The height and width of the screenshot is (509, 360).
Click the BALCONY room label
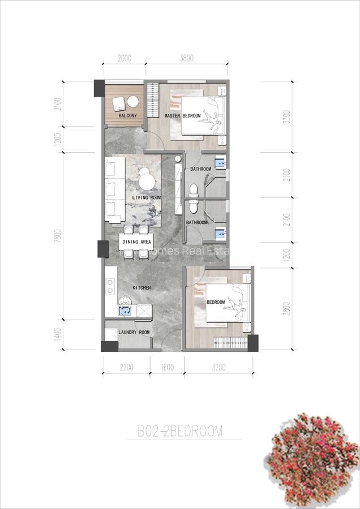coord(127,116)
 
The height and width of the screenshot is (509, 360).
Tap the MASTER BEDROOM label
coord(182,116)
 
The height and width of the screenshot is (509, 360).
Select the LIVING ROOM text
coord(147,197)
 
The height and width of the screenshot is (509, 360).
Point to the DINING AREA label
coord(136,242)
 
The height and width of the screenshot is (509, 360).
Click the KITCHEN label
coord(142,288)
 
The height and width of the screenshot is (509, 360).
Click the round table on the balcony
coord(133,101)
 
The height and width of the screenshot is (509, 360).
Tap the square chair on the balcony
coord(119,103)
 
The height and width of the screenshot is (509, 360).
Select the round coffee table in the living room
coord(147,182)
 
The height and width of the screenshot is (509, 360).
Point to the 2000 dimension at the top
coord(125,57)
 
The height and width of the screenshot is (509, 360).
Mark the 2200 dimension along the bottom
coord(126,368)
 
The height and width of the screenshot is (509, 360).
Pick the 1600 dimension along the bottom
coord(168,368)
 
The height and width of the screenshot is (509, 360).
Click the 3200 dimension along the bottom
coord(218,368)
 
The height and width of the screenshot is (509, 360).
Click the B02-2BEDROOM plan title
coord(180,432)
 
